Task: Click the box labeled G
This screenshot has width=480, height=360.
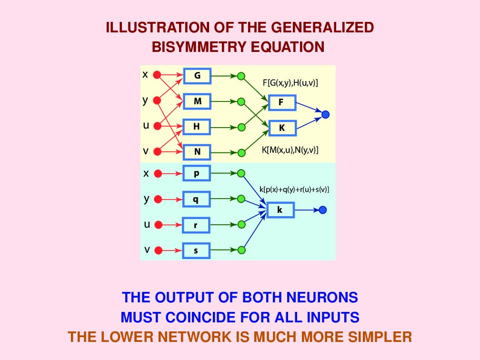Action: pos(197,76)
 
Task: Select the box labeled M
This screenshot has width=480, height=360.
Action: pos(197,101)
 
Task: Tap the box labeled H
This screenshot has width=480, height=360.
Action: pos(197,127)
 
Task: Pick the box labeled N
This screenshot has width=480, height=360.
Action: pos(197,152)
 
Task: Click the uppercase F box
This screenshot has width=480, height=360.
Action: pos(281,102)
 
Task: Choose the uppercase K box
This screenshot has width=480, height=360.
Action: pos(281,128)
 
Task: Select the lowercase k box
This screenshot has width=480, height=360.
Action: pos(280,210)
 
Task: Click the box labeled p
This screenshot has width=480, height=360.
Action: pos(196,173)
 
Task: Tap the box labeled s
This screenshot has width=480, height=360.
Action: pos(196,250)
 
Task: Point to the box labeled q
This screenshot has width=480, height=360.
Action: pos(196,199)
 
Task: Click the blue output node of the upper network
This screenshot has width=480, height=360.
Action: pos(326,115)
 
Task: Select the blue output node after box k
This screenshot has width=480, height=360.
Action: pos(322,210)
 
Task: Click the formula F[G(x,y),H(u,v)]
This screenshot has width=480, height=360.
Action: pos(290,83)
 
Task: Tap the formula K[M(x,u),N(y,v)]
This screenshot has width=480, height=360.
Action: pos(290,150)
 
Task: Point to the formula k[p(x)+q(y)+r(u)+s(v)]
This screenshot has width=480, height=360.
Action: pos(295,190)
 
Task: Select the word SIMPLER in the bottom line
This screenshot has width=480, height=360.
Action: pos(378,337)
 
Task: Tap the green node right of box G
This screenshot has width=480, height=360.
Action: pos(241,76)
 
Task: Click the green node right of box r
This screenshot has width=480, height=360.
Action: pos(241,224)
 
